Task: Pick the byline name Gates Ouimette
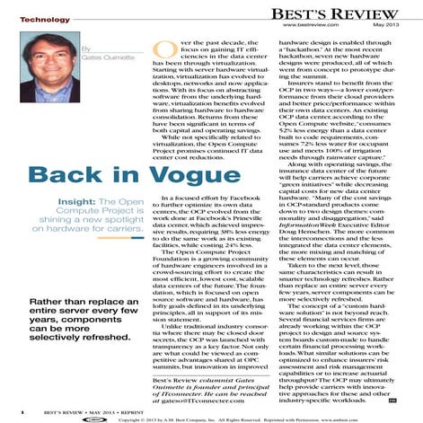point(101,56)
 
